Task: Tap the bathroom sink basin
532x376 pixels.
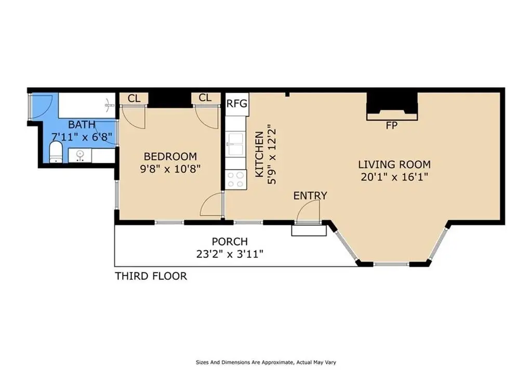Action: click(80, 155)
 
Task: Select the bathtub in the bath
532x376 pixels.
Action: click(87, 105)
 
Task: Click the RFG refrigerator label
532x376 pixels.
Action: click(237, 103)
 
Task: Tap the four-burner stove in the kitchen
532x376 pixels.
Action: click(236, 179)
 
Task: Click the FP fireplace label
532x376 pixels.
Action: click(392, 126)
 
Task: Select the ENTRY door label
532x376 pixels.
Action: click(310, 196)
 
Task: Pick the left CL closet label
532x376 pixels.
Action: click(134, 99)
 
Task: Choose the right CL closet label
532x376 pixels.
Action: click(205, 98)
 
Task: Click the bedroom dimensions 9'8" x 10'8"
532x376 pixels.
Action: click(170, 169)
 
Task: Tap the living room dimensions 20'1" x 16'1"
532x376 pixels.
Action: click(394, 177)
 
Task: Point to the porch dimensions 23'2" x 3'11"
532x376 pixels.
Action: click(230, 254)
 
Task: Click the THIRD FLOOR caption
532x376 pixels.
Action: click(151, 276)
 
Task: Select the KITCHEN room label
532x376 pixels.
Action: click(259, 154)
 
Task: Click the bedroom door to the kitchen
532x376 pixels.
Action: click(211, 204)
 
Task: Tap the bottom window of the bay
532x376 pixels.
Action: click(392, 264)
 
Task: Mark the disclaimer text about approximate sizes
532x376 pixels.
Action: click(266, 362)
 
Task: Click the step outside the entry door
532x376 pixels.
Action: click(309, 230)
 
